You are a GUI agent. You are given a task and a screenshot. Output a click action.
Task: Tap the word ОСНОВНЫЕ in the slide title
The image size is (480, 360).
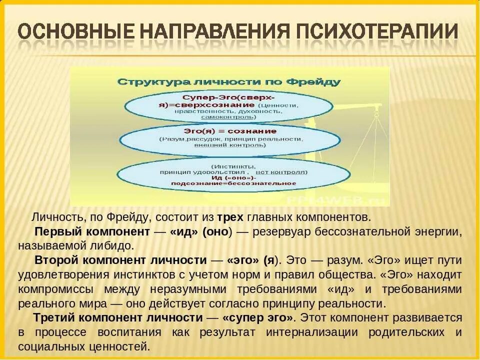(73, 31)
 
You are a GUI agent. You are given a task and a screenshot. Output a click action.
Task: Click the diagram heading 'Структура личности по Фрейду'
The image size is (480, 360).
(229, 81)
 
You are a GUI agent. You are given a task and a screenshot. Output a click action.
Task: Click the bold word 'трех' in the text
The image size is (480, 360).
(230, 217)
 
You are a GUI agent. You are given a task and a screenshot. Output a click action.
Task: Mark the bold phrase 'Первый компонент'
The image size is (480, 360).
(92, 232)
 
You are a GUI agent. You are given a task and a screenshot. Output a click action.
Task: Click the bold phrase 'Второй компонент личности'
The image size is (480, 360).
(120, 260)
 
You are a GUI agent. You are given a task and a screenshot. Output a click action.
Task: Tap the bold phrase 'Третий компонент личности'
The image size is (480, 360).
(118, 318)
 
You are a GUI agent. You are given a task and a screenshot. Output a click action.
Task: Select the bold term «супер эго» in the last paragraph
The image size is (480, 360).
(258, 318)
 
